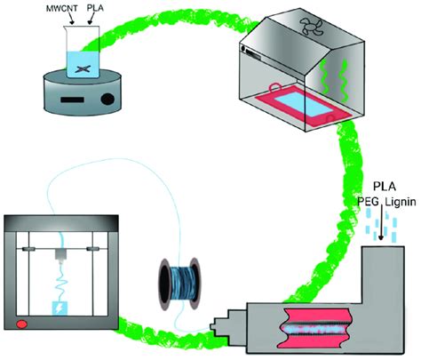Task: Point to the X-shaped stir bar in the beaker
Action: [x=82, y=68]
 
